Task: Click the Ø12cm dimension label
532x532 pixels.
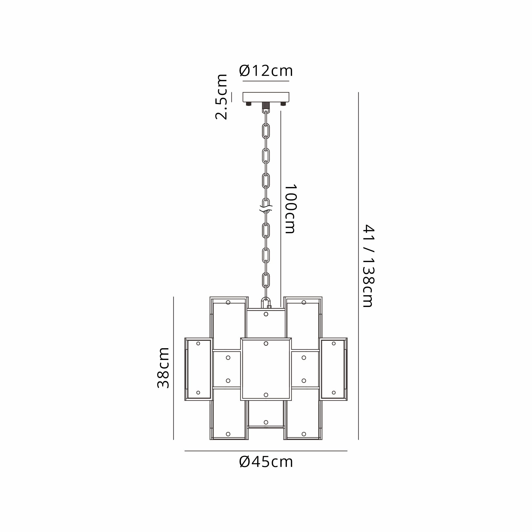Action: (266, 71)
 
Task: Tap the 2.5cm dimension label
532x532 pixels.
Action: (221, 97)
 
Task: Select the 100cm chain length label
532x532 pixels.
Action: (290, 209)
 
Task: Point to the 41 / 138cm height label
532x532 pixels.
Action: (368, 266)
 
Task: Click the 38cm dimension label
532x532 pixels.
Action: (163, 368)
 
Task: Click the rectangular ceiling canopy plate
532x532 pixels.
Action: (266, 97)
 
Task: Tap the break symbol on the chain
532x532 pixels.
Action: (266, 209)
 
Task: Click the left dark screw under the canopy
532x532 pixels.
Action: (249, 104)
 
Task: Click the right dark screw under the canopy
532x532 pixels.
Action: (283, 104)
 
